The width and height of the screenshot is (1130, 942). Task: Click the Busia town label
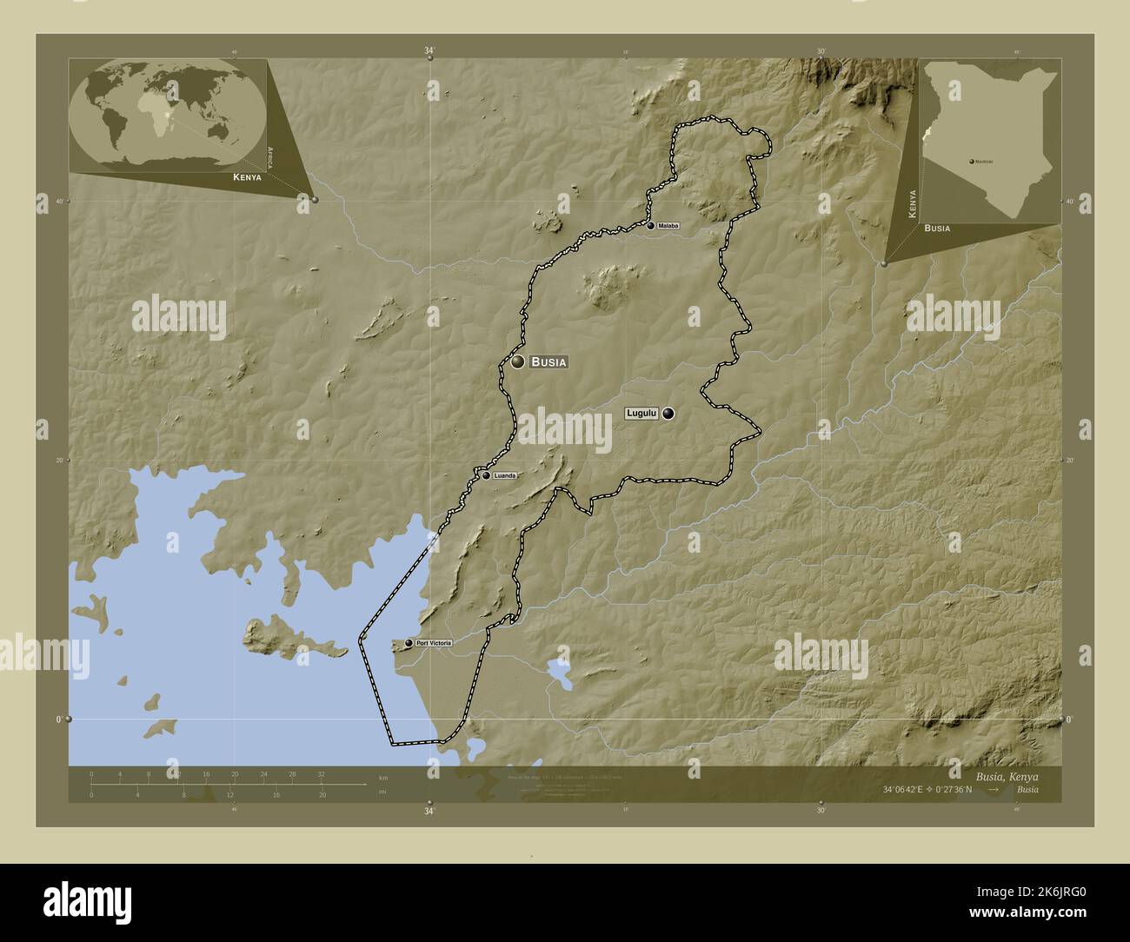[548, 362]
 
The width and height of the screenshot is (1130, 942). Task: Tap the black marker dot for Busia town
[518, 362]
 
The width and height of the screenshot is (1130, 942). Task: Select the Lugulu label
[641, 414]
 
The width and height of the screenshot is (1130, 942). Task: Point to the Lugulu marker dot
[668, 414]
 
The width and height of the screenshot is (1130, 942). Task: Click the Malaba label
[668, 226]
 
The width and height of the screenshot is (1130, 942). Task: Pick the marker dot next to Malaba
[650, 226]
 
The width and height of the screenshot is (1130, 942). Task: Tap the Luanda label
[505, 475]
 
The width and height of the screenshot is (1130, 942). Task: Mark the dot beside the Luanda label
[487, 475]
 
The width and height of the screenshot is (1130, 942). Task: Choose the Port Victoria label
[434, 643]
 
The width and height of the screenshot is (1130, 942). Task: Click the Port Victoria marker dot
[408, 644]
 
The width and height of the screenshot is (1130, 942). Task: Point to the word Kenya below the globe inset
[247, 177]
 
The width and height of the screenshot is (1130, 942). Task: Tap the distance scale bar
[228, 785]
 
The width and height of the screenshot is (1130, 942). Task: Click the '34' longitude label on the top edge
[429, 51]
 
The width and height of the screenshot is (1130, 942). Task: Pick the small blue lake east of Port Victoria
[557, 670]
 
